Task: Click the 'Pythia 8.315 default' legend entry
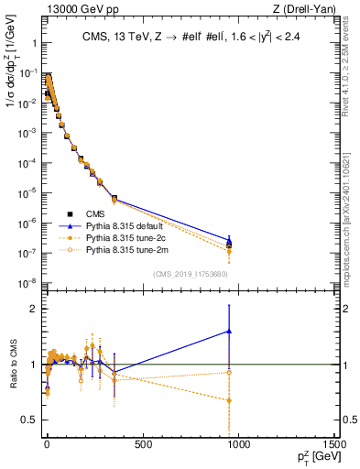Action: tap(119, 250)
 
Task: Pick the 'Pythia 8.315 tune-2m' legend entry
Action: tap(119, 274)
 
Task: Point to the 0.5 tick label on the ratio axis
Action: tap(28, 420)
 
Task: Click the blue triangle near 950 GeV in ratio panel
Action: tap(229, 332)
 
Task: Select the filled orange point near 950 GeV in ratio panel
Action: tap(229, 400)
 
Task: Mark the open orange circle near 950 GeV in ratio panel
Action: tap(229, 372)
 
